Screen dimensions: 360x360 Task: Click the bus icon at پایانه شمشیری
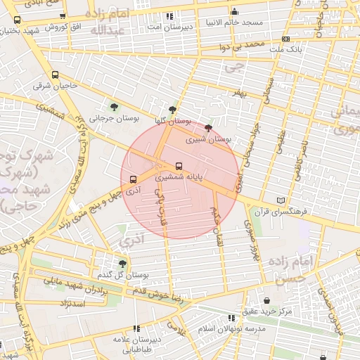(x=179, y=167)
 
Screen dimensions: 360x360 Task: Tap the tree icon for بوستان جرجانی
(x=115, y=107)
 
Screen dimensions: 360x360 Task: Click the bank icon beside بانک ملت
(x=285, y=39)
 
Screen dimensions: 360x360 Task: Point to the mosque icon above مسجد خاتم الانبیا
(x=235, y=12)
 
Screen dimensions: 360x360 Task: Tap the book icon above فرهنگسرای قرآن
(x=282, y=200)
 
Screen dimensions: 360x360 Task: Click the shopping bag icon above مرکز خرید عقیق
(x=267, y=300)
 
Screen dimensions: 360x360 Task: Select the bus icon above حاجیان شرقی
(x=56, y=75)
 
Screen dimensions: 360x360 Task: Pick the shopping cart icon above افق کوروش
(x=63, y=16)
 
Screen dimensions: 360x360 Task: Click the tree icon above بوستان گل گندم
(x=123, y=263)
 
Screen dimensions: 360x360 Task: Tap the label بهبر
(x=243, y=93)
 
